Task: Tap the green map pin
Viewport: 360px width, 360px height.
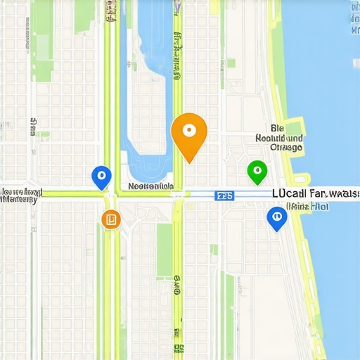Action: pyautogui.click(x=257, y=171)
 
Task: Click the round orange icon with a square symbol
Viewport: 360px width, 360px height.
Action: pyautogui.click(x=110, y=219)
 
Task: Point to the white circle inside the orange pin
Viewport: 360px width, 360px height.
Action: pyautogui.click(x=188, y=130)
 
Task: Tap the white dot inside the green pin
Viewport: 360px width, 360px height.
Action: pyautogui.click(x=257, y=169)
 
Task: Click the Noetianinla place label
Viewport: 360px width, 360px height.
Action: pyautogui.click(x=150, y=187)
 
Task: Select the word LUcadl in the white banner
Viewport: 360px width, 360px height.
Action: pyautogui.click(x=288, y=193)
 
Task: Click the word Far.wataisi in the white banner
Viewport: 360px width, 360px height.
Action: pyautogui.click(x=334, y=193)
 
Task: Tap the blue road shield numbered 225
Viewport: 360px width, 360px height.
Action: pyautogui.click(x=225, y=195)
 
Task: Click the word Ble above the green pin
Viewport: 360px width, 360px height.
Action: pyautogui.click(x=276, y=129)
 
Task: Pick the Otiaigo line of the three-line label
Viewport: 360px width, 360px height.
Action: pyautogui.click(x=286, y=148)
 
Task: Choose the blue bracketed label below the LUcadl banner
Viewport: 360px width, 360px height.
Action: pyautogui.click(x=307, y=207)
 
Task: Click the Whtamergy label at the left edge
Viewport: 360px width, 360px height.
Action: pyautogui.click(x=19, y=200)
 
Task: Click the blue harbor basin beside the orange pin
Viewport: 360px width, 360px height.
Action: pyautogui.click(x=145, y=105)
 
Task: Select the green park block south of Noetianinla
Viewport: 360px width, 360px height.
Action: pyautogui.click(x=164, y=250)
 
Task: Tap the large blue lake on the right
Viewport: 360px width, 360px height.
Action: pyautogui.click(x=330, y=105)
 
